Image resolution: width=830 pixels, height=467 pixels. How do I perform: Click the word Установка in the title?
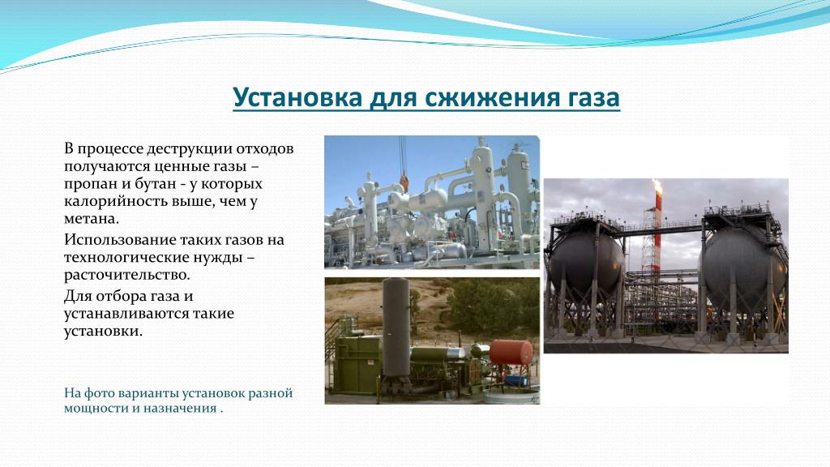(x=297, y=97)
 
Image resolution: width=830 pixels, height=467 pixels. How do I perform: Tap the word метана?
(x=92, y=218)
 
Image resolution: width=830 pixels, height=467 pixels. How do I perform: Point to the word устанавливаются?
(x=126, y=314)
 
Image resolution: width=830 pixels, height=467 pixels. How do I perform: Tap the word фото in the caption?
(x=100, y=393)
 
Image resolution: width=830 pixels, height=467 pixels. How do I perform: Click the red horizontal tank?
(x=511, y=352)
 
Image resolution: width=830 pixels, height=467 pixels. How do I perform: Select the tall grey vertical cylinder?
(x=396, y=328)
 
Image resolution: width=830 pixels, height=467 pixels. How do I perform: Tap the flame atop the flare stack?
(x=657, y=186)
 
